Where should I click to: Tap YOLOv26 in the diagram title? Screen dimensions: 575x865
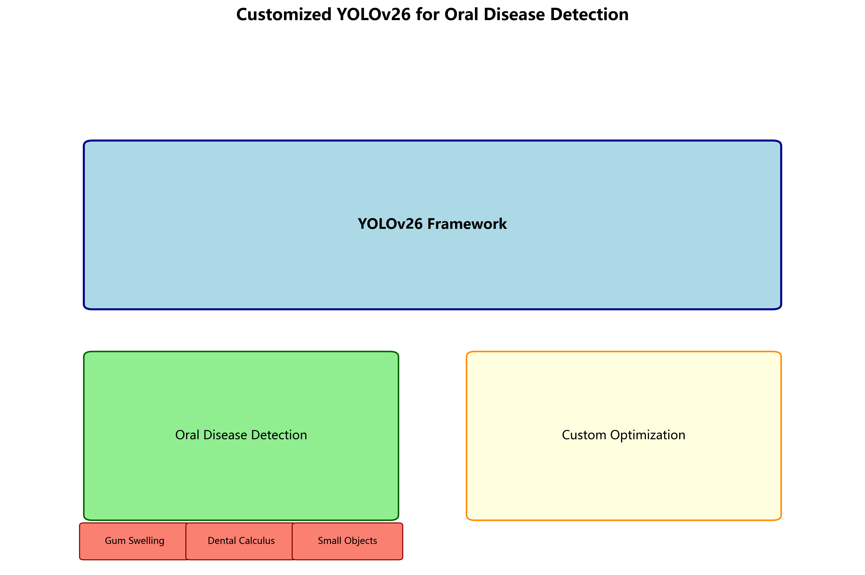(x=373, y=15)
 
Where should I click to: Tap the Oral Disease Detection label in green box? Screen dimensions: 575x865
(x=241, y=435)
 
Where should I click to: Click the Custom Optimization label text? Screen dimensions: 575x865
(x=623, y=435)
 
